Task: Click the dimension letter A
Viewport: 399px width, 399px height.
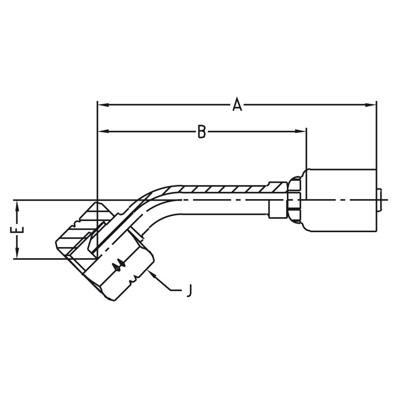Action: [x=237, y=105]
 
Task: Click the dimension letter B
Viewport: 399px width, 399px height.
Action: [x=202, y=131]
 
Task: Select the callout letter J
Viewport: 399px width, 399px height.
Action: [x=190, y=290]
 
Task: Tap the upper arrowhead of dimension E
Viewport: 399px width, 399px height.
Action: [x=17, y=205]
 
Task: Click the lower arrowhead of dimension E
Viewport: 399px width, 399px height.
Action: [x=17, y=254]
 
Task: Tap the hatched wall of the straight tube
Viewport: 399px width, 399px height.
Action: [x=223, y=189]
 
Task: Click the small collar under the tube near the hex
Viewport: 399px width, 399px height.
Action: [x=276, y=209]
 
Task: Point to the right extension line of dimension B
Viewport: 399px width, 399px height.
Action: [x=306, y=148]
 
